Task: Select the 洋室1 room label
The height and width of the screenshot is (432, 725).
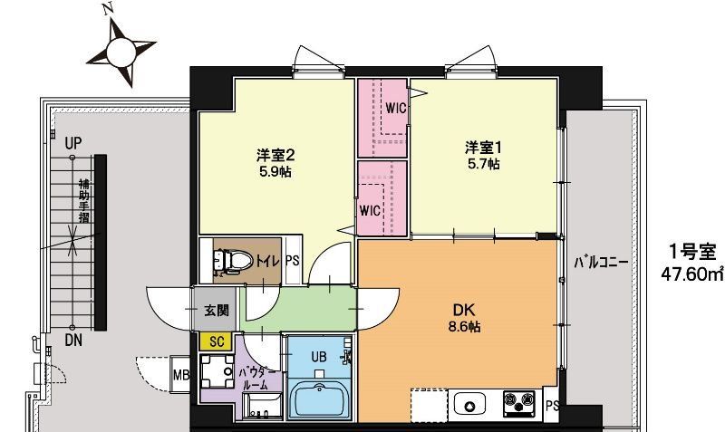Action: point(483,147)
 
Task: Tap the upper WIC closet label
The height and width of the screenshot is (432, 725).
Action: point(394,108)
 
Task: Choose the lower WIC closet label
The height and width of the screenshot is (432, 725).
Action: point(369,211)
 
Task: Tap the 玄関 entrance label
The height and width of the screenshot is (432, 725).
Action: point(216,312)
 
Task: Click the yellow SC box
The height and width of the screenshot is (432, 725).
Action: point(216,341)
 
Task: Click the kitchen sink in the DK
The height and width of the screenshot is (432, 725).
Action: point(470,402)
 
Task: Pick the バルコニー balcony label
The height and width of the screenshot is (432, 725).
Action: point(601,264)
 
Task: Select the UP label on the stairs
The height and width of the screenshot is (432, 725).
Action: point(73,142)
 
